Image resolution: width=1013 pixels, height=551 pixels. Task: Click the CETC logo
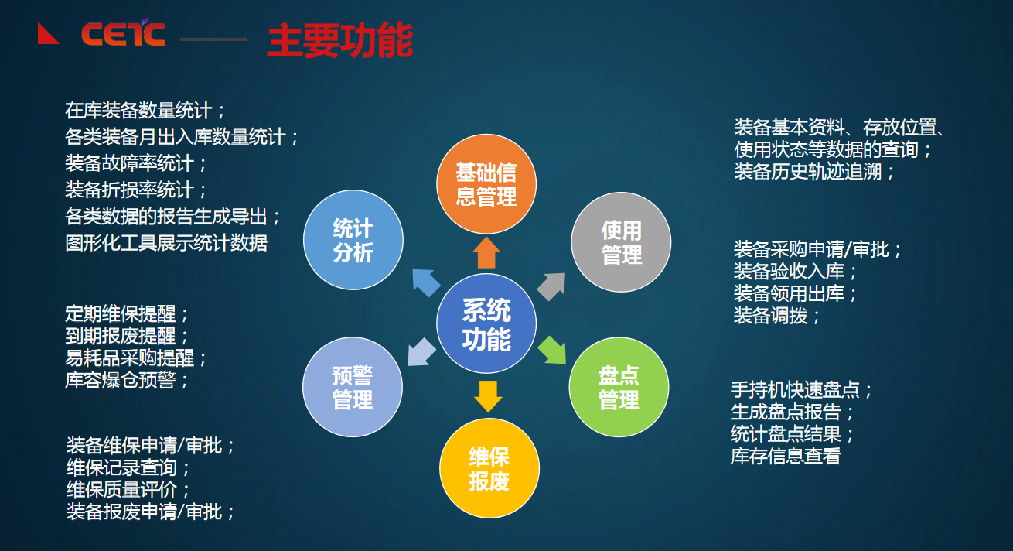pos(122,34)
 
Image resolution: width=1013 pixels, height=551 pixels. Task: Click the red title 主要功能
pos(339,41)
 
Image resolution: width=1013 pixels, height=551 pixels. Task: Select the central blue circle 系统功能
pos(486,324)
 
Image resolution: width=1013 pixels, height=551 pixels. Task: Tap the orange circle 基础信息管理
pos(486,183)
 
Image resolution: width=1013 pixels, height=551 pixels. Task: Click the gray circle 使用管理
pos(621,242)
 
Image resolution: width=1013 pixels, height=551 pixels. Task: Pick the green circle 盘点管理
pos(619,388)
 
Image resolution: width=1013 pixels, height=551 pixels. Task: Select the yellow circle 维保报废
pos(489,468)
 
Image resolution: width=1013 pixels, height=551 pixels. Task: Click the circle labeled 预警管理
pos(353,387)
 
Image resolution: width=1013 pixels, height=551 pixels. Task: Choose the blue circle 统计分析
pos(353,240)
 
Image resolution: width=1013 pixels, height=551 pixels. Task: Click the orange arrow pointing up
pos(486,253)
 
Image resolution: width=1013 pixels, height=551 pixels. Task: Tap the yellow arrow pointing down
pos(488,395)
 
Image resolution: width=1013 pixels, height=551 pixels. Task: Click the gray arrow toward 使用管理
pos(551,286)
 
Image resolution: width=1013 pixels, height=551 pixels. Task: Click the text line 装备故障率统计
pos(136,163)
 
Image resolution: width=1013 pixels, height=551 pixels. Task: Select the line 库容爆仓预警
pos(127,380)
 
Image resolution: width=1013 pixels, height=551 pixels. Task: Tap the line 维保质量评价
pos(128,490)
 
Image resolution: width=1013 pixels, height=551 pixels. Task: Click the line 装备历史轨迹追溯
pos(813,171)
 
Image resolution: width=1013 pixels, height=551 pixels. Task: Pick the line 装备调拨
pos(776,315)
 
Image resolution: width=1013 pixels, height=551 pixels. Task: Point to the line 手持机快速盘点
pos(801,389)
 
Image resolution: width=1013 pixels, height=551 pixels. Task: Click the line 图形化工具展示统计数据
pos(166,242)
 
